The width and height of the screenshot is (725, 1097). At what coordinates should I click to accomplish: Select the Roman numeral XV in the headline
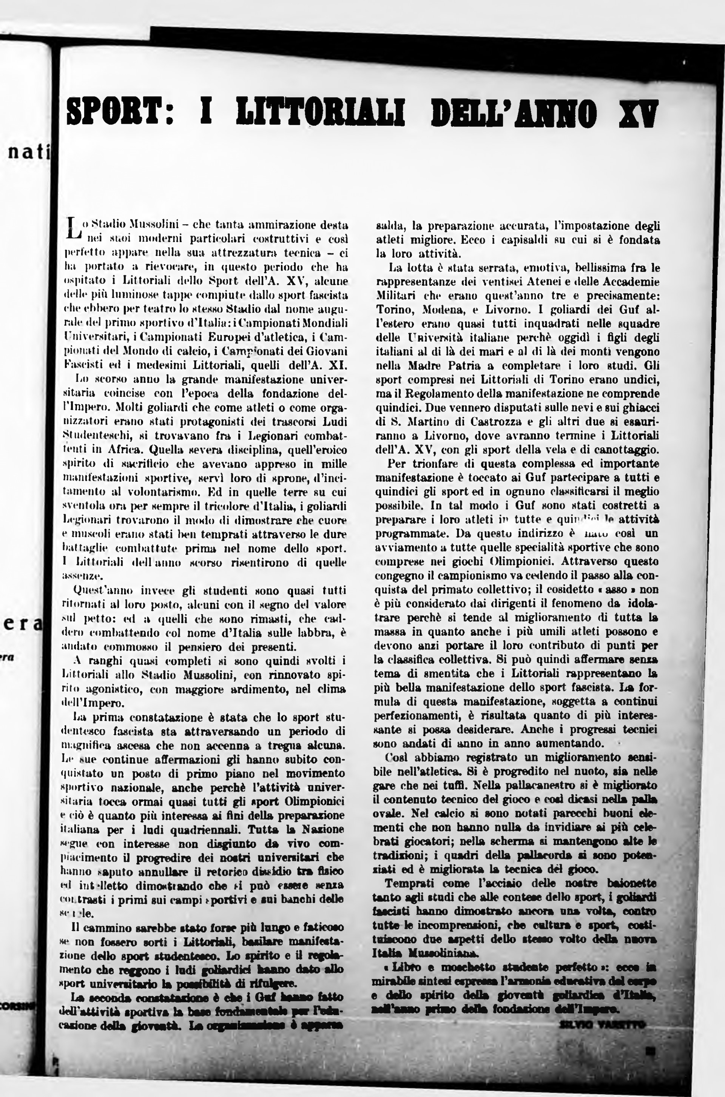(638, 113)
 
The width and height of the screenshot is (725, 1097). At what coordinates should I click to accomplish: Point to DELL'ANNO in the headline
(513, 113)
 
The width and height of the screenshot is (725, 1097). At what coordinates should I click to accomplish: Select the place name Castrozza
(477, 422)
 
